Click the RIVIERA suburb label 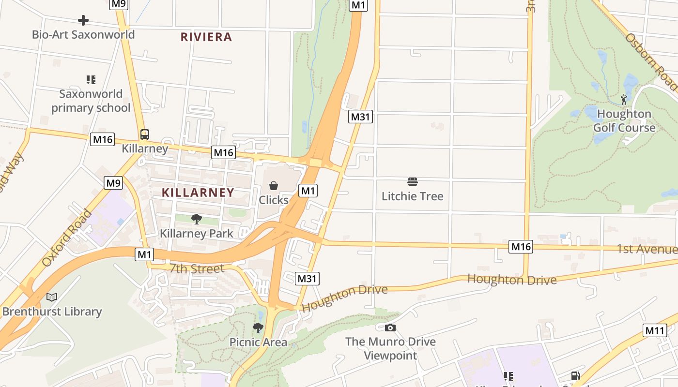pos(206,37)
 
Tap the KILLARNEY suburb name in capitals pos(198,193)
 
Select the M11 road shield pos(655,330)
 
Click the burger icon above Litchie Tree pos(412,182)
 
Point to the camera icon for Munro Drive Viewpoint pos(390,328)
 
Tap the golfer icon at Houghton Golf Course pos(624,100)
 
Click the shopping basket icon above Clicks pos(273,186)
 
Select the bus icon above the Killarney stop pos(144,134)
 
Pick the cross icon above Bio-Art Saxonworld pos(83,20)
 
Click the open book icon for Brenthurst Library pos(52,297)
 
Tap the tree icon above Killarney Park pos(196,219)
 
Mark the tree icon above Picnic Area pos(258,328)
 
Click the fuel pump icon pos(575,376)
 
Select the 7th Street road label pos(197,268)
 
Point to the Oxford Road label pos(66,238)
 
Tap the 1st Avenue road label pos(647,249)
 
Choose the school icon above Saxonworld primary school pos(91,79)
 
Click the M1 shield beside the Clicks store pos(308,191)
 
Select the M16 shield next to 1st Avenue pos(521,247)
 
